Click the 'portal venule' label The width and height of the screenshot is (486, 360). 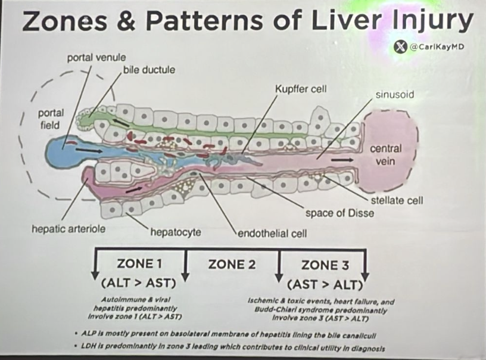[96, 58]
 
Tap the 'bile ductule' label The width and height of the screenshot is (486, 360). [149, 70]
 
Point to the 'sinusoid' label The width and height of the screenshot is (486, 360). [395, 95]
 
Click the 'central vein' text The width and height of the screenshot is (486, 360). [385, 155]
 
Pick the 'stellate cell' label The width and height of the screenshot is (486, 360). [397, 200]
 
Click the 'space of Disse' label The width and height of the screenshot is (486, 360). [339, 213]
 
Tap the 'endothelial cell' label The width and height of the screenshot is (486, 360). [272, 233]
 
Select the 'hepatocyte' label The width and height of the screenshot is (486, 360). [176, 231]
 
